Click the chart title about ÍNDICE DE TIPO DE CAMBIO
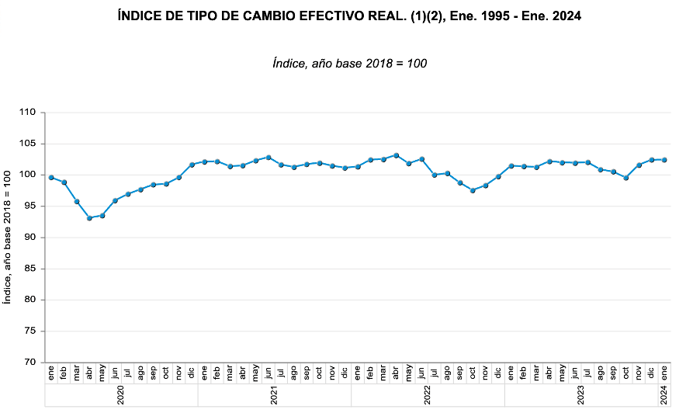[x=348, y=16]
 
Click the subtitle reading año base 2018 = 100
[x=349, y=63]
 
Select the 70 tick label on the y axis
[x=30, y=363]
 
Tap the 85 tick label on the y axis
[x=30, y=269]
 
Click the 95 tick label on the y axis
[x=30, y=206]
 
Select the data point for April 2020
[x=90, y=218]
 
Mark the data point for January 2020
[x=51, y=178]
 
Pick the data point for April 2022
[x=397, y=155]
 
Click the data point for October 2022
[x=473, y=190]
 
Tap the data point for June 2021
[x=269, y=158]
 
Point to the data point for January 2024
[x=664, y=160]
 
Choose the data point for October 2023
[x=626, y=178]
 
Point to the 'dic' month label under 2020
[x=192, y=373]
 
